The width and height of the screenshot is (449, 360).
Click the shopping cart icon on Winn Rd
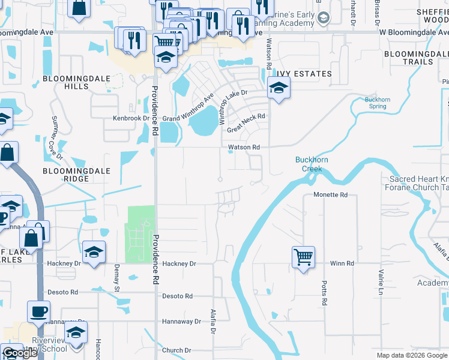coord(304,257)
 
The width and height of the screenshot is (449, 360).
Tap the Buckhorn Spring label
coord(376,103)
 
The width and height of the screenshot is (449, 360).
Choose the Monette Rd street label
coord(331,195)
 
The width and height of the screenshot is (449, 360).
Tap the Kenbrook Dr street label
coord(131,118)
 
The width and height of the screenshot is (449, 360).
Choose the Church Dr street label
coord(176,350)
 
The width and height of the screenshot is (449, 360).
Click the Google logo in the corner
coord(20,353)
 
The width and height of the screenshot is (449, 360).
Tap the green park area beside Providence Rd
coord(139,234)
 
